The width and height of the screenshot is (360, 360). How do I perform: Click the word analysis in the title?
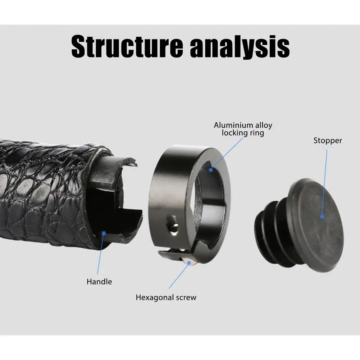[x=240, y=47]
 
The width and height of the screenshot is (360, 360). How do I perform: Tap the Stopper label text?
[x=327, y=140]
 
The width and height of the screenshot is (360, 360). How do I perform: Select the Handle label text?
[x=99, y=282]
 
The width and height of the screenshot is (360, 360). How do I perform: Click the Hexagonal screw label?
[x=166, y=297]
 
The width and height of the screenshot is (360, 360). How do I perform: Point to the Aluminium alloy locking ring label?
[x=243, y=129]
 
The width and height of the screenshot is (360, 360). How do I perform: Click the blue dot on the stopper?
[x=322, y=216]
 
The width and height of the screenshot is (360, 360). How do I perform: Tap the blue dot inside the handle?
[x=104, y=233]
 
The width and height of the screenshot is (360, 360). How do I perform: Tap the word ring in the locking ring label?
[x=257, y=133]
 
